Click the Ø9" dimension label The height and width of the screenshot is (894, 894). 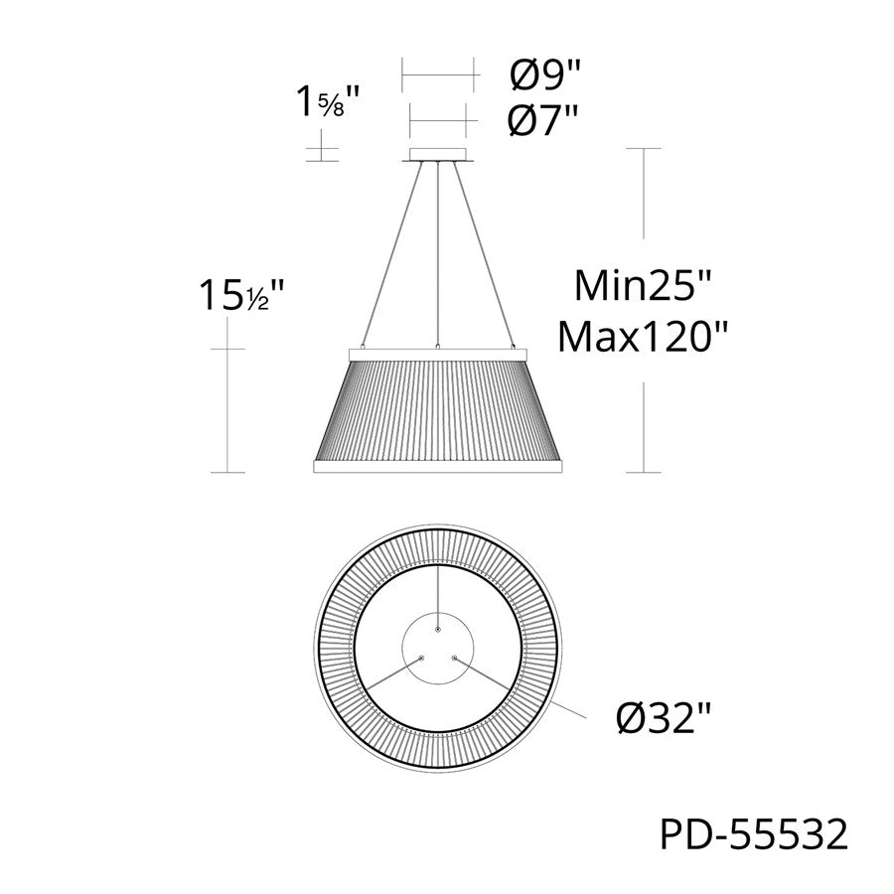click(x=542, y=74)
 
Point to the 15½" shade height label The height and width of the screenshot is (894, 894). click(x=242, y=294)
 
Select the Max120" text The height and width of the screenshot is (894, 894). click(x=643, y=337)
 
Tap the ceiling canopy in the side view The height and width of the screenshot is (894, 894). click(x=437, y=154)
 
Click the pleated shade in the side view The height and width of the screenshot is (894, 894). click(x=437, y=407)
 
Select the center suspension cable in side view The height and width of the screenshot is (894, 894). click(x=437, y=248)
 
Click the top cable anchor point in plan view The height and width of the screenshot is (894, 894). click(x=437, y=628)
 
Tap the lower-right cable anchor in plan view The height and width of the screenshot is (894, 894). click(x=455, y=658)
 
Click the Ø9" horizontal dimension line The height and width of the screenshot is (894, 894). click(x=437, y=74)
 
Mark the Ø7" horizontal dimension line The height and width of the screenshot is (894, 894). click(x=437, y=122)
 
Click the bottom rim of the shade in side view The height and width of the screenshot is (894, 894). click(x=437, y=466)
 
